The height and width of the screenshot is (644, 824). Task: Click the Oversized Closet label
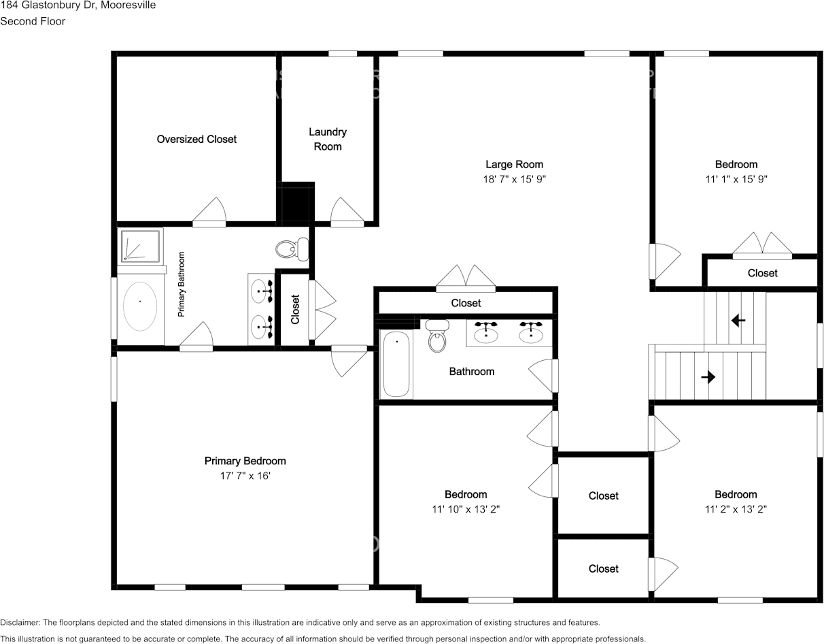(196, 140)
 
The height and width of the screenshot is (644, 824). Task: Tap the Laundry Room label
(328, 139)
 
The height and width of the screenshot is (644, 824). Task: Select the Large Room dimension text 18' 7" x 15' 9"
(514, 179)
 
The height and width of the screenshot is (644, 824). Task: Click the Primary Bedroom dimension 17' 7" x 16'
(245, 476)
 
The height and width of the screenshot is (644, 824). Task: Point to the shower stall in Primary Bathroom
(141, 246)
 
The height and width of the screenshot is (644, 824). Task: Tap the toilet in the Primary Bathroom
(292, 248)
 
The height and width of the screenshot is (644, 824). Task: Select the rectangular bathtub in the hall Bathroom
(397, 364)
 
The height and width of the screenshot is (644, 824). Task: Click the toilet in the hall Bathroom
(437, 336)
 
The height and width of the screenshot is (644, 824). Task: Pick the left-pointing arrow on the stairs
(738, 320)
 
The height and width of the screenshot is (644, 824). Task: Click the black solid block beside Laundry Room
(295, 202)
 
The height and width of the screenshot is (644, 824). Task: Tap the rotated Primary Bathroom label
(182, 285)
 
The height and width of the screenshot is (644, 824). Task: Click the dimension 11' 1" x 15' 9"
(736, 179)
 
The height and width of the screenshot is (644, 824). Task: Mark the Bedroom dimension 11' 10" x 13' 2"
(466, 509)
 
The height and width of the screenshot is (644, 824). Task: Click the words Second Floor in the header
(33, 21)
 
